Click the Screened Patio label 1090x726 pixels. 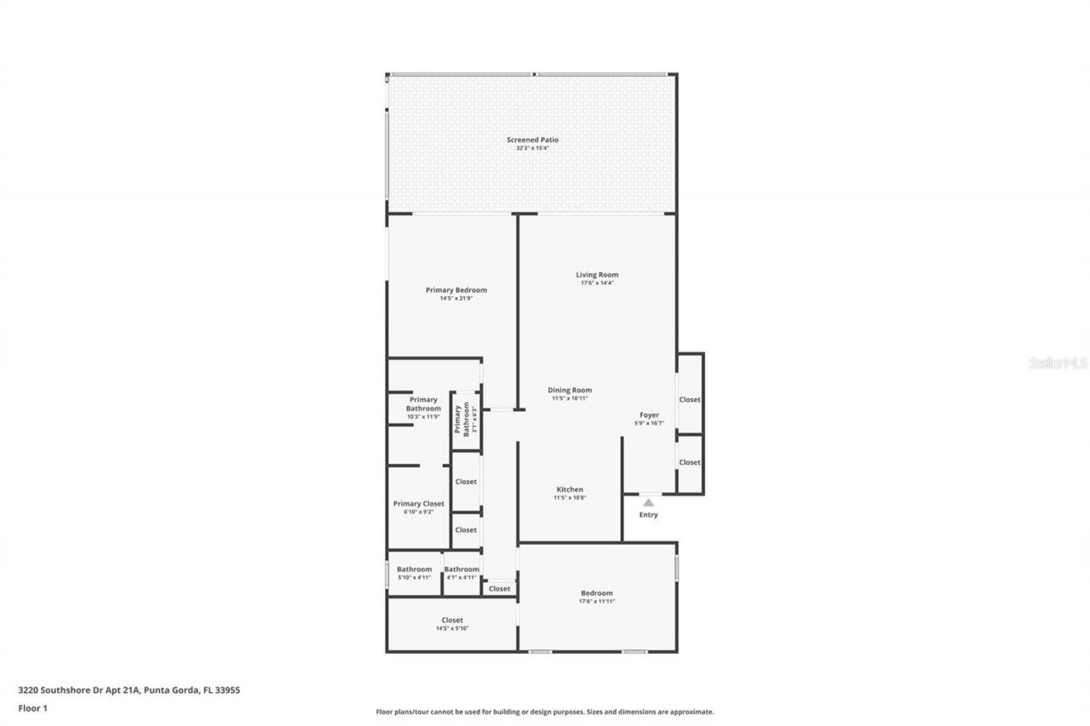(x=532, y=140)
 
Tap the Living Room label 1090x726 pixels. (x=596, y=275)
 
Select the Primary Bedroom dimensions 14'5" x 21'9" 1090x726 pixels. (x=456, y=299)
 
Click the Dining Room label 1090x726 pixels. (x=570, y=390)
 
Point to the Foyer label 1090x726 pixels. (x=649, y=415)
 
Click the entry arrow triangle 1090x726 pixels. (x=649, y=502)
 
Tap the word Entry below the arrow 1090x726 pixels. (x=649, y=515)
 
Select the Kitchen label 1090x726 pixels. (x=570, y=489)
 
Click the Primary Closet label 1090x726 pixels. (x=418, y=504)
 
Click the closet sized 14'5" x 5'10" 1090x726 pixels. (x=452, y=624)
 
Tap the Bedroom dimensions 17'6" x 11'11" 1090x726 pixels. (x=596, y=602)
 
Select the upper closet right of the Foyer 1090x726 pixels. (x=689, y=399)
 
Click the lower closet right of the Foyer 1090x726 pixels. (x=689, y=462)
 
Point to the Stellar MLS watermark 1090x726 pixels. (x=1058, y=363)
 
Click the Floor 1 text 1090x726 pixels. (x=32, y=707)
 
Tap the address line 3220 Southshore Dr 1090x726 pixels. (x=129, y=690)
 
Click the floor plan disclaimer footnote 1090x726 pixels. (x=545, y=712)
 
